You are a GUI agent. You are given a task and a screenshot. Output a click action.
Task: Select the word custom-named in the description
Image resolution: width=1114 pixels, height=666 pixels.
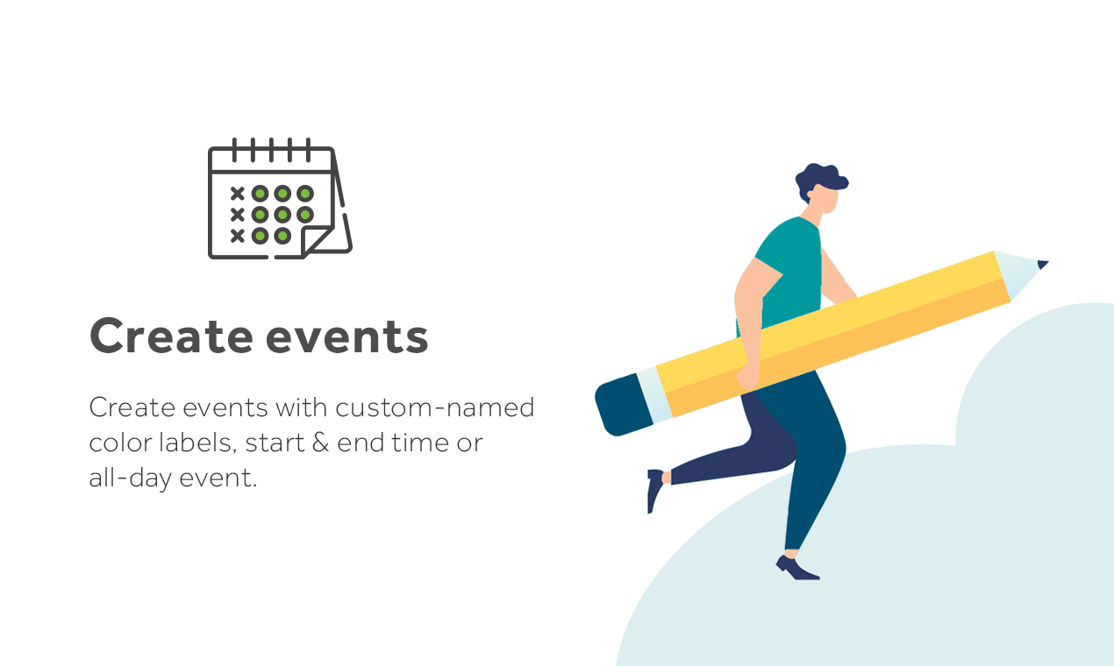tap(434, 407)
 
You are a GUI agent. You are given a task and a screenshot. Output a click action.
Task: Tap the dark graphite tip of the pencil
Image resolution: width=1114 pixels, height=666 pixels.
tap(1042, 264)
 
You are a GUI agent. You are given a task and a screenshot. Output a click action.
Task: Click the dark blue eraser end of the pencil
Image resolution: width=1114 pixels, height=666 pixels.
tap(619, 405)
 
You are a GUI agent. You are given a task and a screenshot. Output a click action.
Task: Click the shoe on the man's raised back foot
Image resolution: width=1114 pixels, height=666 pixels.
tap(654, 489)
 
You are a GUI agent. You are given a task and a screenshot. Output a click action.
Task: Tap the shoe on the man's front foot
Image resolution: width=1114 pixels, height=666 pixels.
tap(796, 569)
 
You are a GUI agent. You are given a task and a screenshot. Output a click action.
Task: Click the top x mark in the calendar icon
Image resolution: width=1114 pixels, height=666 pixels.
tap(237, 193)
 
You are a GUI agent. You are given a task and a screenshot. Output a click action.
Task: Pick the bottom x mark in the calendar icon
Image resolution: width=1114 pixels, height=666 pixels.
tap(237, 235)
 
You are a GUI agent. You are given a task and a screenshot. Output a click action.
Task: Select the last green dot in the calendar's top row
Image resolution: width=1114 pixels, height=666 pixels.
tap(304, 193)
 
